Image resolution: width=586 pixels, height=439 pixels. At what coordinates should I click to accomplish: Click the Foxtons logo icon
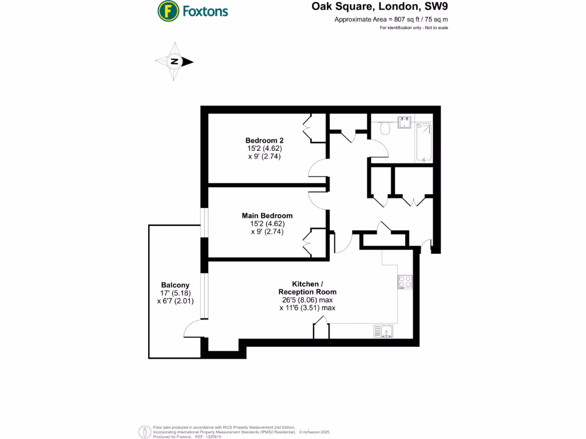(167, 10)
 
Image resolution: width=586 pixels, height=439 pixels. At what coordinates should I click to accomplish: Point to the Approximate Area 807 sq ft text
(391, 19)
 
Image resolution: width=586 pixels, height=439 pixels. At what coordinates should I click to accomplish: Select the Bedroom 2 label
(264, 141)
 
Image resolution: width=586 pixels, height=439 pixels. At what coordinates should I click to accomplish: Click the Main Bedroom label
(267, 215)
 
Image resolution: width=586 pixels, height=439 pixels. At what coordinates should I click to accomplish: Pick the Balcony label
(175, 285)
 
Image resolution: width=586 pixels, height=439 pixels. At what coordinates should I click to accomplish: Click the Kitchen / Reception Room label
(307, 288)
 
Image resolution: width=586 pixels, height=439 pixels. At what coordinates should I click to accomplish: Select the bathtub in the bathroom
(424, 143)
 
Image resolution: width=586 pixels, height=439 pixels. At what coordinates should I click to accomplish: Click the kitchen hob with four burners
(405, 282)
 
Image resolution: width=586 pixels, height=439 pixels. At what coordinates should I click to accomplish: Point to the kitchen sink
(383, 330)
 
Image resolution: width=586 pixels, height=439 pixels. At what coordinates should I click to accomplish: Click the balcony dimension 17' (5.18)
(175, 293)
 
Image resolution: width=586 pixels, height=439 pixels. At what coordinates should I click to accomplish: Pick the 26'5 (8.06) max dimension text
(307, 300)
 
